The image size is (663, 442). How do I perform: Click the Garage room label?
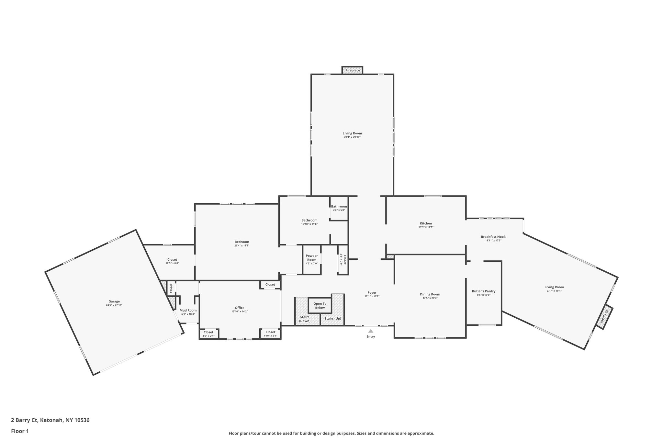point(114,301)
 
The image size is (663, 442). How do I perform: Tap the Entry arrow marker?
point(371,331)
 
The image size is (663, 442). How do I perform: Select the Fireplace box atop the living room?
point(353,70)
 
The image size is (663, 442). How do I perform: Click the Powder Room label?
point(311,257)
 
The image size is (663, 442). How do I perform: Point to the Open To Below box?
point(320,306)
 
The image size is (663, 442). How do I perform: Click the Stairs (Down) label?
point(305,319)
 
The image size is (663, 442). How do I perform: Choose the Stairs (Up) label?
point(333,319)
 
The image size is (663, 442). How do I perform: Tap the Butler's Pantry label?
point(484,291)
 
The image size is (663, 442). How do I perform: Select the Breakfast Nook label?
point(493,237)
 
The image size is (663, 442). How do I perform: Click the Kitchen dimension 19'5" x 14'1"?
point(426,227)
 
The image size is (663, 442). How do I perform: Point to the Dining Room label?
point(430,294)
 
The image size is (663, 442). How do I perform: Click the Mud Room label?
point(188,310)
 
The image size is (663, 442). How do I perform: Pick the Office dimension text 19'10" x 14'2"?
point(240,312)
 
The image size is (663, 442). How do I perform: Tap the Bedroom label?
point(242,242)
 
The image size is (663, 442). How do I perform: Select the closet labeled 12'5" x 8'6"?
point(172,261)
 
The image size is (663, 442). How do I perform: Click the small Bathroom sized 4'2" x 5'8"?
point(339,208)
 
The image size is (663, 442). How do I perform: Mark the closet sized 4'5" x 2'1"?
point(208,334)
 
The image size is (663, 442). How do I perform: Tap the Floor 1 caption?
point(20,431)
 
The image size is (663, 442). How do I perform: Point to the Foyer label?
point(372,293)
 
